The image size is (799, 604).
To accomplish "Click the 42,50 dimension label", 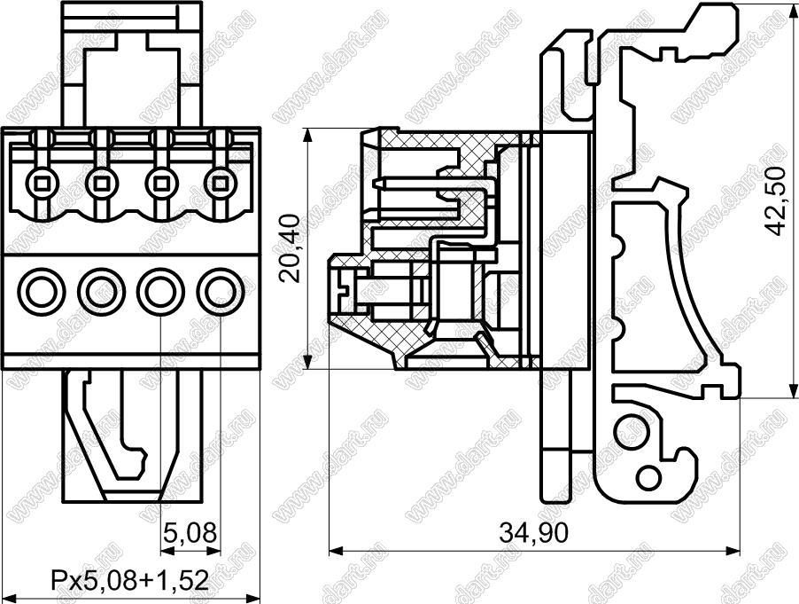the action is pos(777,201).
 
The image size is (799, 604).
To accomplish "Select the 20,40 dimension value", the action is pos(292,248).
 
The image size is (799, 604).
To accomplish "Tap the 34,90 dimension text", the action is pos(533,534).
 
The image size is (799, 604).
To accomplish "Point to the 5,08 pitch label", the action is pos(190,532).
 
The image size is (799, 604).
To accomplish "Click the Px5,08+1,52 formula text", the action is pos(130,581).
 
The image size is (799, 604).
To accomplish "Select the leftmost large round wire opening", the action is pos(42,292).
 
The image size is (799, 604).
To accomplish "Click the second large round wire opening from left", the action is pos(101,292).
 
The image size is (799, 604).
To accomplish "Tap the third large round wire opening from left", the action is pos(160,292).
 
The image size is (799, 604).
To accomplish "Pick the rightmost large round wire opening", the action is pos(221,292).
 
